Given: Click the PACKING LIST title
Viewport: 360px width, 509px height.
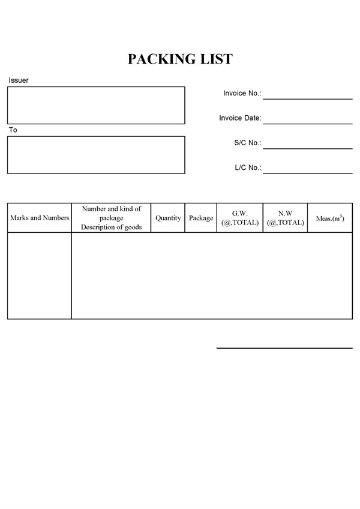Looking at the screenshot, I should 180,59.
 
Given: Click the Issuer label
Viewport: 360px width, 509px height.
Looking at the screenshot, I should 19,80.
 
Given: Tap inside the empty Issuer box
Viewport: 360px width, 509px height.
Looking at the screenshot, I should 96,105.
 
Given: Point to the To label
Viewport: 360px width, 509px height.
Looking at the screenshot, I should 13,130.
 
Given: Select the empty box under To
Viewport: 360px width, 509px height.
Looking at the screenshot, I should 96,155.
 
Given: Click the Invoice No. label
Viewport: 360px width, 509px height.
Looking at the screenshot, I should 242,93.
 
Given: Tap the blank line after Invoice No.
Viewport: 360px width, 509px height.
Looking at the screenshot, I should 307,95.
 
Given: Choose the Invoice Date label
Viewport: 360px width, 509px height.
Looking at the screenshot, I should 240,118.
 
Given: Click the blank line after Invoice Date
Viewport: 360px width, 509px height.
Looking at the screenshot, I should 307,120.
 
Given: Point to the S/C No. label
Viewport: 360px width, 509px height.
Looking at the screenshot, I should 247,143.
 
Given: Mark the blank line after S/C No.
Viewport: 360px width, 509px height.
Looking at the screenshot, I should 307,145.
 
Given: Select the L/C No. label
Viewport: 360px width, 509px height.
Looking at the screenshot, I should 247,168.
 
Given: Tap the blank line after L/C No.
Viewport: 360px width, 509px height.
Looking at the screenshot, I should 307,170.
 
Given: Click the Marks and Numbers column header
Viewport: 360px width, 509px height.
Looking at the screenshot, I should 40,218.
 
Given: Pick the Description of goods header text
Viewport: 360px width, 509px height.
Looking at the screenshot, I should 111,227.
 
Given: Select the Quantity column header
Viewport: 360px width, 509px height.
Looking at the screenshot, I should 168,218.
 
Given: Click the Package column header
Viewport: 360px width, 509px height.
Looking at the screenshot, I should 201,218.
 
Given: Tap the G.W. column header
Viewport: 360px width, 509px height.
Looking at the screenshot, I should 239,213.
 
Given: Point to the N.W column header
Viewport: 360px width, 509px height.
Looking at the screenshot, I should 285,213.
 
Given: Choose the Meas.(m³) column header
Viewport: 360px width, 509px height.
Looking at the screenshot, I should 330,218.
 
